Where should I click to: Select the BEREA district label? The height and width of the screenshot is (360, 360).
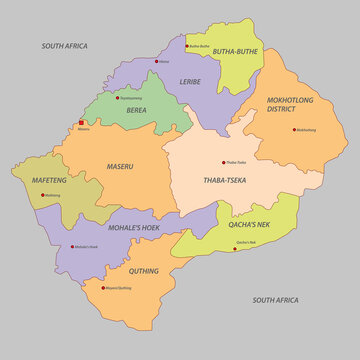(136, 110)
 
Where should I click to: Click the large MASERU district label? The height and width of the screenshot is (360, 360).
(121, 166)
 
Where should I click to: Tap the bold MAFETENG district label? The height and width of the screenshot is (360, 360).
(49, 180)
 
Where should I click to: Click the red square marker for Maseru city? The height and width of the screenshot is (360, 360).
(82, 123)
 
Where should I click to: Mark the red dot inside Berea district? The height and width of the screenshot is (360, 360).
(119, 98)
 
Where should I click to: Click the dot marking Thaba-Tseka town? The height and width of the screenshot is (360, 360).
(224, 162)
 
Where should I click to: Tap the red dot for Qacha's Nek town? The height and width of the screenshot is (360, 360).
(234, 248)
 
